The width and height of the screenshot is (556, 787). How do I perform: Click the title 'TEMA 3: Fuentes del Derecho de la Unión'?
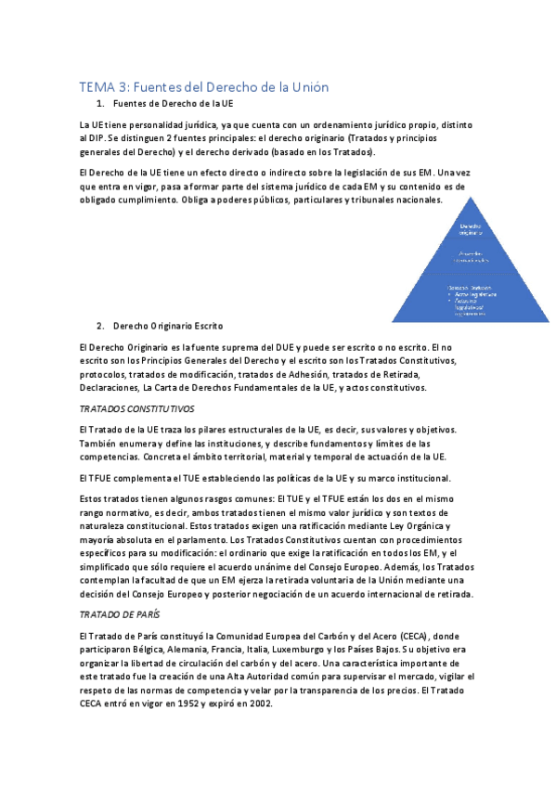(204, 87)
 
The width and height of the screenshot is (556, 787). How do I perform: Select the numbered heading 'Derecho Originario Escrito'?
(167, 327)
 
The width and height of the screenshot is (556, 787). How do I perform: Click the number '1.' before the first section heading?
(101, 104)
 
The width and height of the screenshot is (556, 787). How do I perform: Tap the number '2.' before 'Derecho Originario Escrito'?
(101, 327)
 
